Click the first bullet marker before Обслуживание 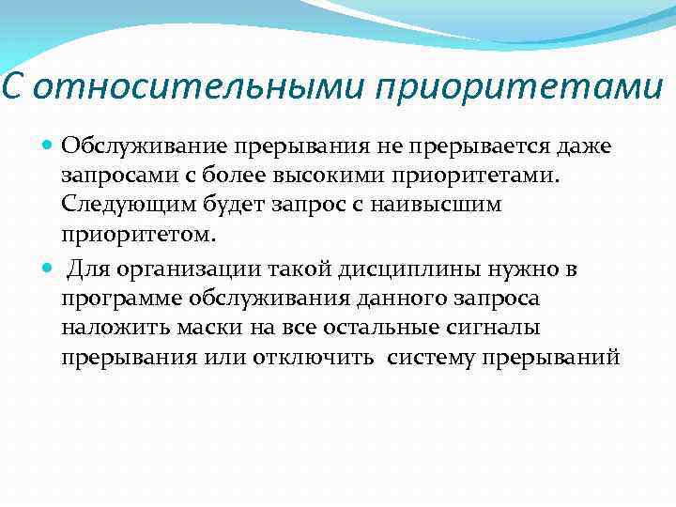tap(49, 146)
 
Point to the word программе tap(119, 300)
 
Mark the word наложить tap(105, 329)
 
